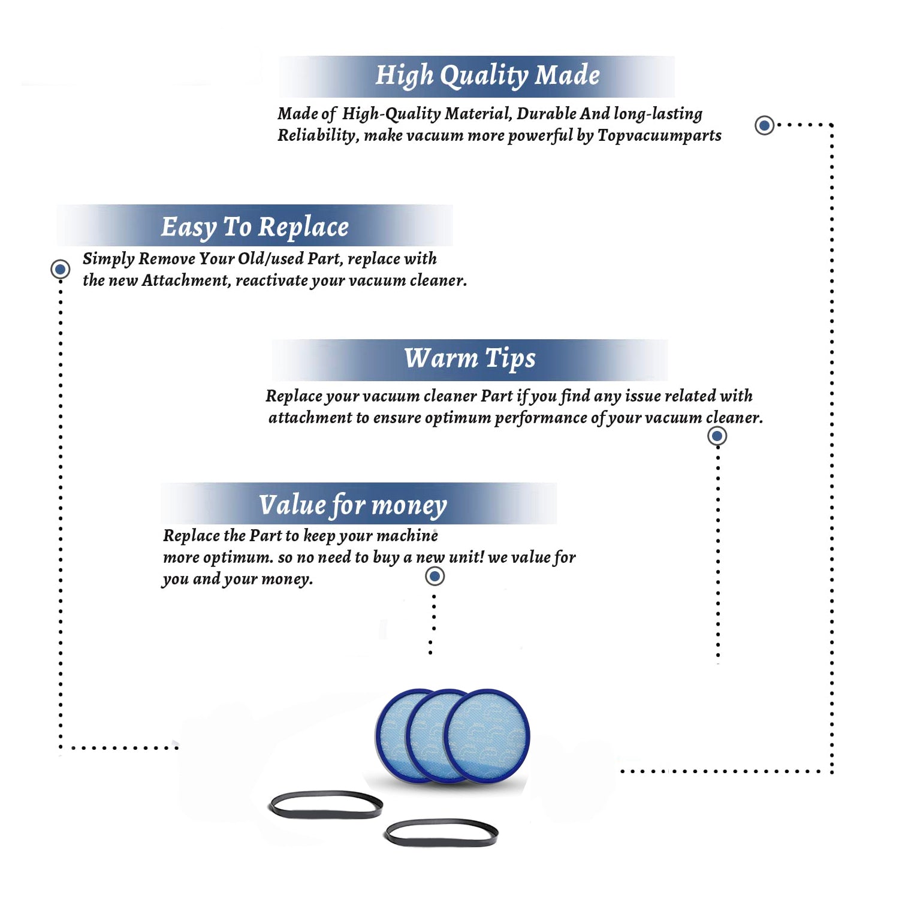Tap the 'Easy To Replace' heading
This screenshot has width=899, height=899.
(255, 227)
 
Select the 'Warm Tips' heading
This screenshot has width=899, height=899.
(470, 358)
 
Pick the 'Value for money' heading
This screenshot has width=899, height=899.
(353, 505)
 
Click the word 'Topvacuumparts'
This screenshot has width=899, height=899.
(659, 136)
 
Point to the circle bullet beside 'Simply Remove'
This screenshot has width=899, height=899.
(60, 269)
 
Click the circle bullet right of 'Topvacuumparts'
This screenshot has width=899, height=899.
(764, 125)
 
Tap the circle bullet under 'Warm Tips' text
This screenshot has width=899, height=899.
(717, 436)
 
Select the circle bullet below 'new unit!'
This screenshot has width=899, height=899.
(435, 576)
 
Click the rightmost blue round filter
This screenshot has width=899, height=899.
(487, 736)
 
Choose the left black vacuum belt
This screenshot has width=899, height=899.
(325, 804)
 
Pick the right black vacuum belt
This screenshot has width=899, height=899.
(441, 832)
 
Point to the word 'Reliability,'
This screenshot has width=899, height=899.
(318, 136)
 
